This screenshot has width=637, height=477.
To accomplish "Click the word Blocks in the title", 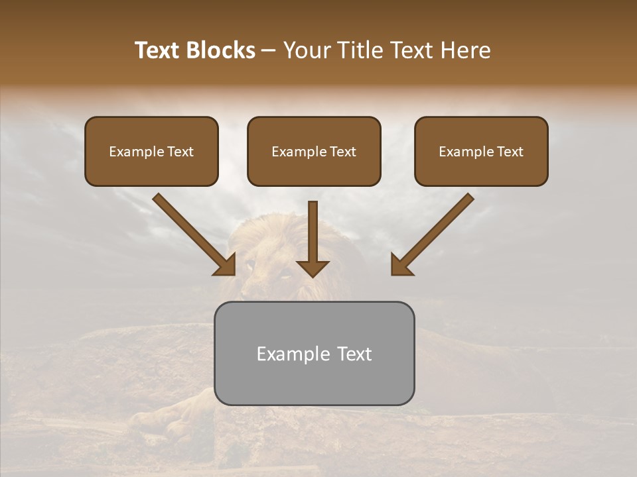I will click(221, 50).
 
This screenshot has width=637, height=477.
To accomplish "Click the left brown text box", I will click(151, 152).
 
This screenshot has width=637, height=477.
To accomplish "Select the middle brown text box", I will click(314, 152).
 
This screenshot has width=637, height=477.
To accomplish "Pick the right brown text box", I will click(481, 152).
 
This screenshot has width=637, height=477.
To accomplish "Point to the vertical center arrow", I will click(313, 232).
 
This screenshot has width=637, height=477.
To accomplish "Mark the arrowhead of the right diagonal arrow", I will click(401, 264).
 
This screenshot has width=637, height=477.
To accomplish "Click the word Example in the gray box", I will click(293, 354).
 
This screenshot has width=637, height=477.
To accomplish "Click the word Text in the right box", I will click(510, 152).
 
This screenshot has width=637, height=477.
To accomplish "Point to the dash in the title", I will click(269, 51).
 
